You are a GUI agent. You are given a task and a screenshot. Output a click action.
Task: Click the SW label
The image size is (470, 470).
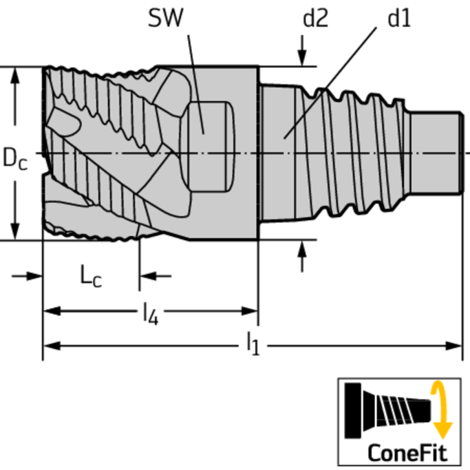click(165, 18)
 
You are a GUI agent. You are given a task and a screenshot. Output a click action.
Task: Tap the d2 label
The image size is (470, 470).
click(316, 18)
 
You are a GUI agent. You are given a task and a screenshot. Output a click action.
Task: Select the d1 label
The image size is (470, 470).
click(399, 18)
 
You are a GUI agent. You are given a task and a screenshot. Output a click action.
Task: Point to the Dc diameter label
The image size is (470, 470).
click(15, 159)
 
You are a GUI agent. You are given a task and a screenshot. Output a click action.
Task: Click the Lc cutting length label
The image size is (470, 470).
click(91, 276)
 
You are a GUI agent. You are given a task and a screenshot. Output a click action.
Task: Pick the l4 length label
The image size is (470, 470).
click(151, 313)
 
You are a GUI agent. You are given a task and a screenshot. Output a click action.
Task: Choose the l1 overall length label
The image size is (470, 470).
click(252, 344)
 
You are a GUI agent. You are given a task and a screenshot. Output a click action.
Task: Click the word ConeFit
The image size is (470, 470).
click(407, 453)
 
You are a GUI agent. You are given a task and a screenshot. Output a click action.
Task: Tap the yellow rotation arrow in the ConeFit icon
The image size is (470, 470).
click(441, 409)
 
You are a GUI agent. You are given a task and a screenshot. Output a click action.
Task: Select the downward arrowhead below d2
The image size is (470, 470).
click(302, 58)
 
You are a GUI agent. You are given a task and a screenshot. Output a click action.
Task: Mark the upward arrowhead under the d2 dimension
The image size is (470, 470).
click(302, 249)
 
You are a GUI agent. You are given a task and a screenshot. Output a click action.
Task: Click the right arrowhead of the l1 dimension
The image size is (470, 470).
click(453, 346)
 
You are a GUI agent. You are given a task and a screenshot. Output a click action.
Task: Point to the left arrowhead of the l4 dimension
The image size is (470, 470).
click(52, 311)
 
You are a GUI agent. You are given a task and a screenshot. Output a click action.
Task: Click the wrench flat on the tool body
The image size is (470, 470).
click(210, 146)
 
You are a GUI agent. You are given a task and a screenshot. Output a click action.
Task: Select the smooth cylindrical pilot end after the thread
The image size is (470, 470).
click(435, 153)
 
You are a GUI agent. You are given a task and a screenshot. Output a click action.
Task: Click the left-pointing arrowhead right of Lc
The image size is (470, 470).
click(148, 276)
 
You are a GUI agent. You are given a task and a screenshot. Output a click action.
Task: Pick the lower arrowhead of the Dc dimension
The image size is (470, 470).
click(15, 232)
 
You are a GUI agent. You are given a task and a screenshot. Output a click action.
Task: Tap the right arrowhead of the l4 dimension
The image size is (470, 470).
click(249, 311)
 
